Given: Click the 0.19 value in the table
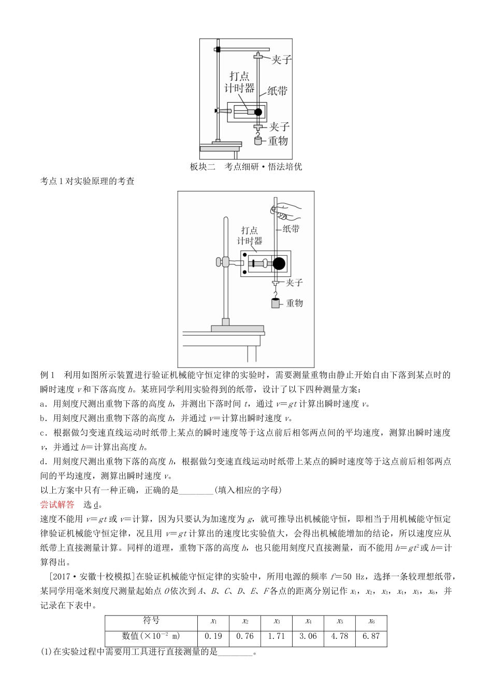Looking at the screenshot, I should point(213,636).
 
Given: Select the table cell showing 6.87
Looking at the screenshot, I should point(371,636).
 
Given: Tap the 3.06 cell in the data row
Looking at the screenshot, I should point(308,636).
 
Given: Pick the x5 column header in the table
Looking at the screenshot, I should point(339,621).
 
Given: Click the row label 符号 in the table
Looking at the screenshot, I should point(151,621).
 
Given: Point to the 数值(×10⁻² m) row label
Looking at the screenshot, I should point(151,636).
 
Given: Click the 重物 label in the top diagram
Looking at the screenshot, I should point(278,141).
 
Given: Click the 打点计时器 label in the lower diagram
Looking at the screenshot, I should point(250,235).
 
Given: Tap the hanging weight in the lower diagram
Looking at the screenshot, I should point(275,304).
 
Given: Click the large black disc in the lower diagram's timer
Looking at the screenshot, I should point(279,263).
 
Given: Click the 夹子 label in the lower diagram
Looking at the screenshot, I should point(294,283).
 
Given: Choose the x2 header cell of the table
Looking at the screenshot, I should point(245,621).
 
